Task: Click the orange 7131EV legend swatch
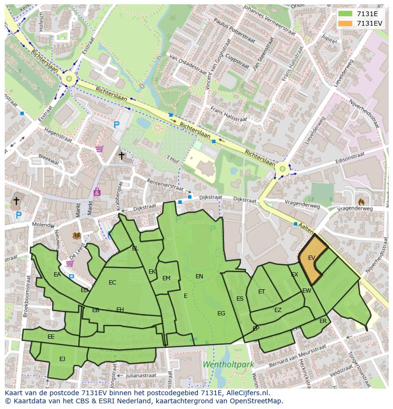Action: [x=346, y=23]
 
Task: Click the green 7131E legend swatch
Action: [x=346, y=14]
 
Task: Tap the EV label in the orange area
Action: [x=311, y=258]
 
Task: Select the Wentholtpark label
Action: [x=228, y=364]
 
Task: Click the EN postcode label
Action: [x=199, y=276]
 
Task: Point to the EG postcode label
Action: [x=221, y=313]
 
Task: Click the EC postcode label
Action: [x=112, y=283]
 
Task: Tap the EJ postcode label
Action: [x=62, y=359]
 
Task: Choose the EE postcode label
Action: [x=51, y=336]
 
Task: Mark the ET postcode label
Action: [x=262, y=292]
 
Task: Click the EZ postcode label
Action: [x=278, y=310]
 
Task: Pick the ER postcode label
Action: [x=323, y=321]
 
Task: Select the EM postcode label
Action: [x=166, y=278]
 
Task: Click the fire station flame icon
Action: [x=361, y=201]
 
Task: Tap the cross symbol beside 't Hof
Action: [x=122, y=155]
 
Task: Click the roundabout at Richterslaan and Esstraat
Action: [x=69, y=78]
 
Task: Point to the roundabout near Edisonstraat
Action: [x=283, y=168]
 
